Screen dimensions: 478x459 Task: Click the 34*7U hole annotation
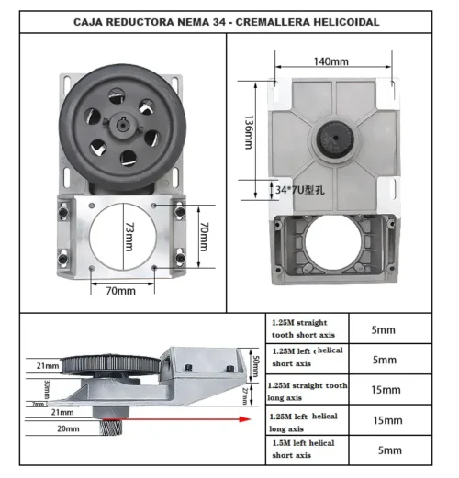(x=309, y=190)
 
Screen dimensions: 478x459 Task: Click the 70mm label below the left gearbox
(x=121, y=290)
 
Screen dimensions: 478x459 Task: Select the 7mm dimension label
(x=38, y=404)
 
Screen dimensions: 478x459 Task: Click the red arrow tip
(x=252, y=419)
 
